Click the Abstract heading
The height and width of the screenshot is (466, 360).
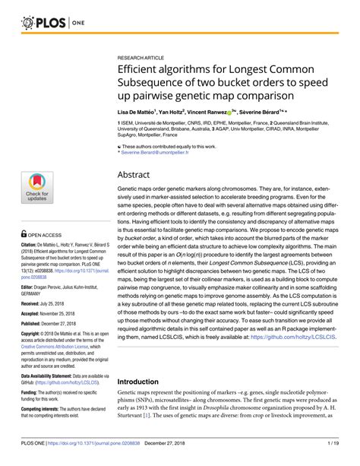[x=137, y=175]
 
